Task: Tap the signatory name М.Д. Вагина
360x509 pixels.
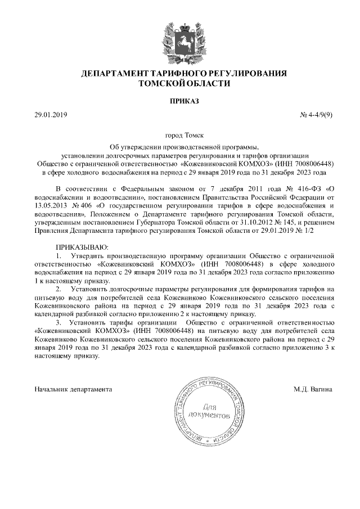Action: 313,389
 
